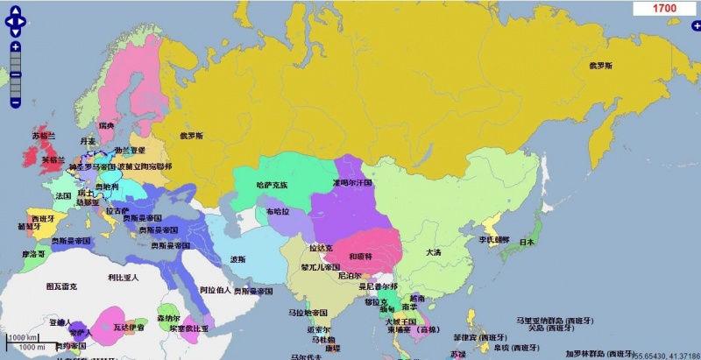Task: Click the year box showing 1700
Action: coord(664,8)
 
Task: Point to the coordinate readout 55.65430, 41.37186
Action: coord(667,356)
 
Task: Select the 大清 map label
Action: coord(434,252)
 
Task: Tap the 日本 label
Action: coord(527,242)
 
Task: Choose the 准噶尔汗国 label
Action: coord(352,183)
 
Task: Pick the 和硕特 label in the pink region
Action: coord(361,256)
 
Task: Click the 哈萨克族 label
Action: coord(272,185)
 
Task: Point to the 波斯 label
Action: coord(237,259)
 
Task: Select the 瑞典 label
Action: coord(107,126)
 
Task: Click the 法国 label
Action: coord(63,195)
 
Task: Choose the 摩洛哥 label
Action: coord(33,254)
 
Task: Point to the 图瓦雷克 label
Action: coord(61,286)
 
